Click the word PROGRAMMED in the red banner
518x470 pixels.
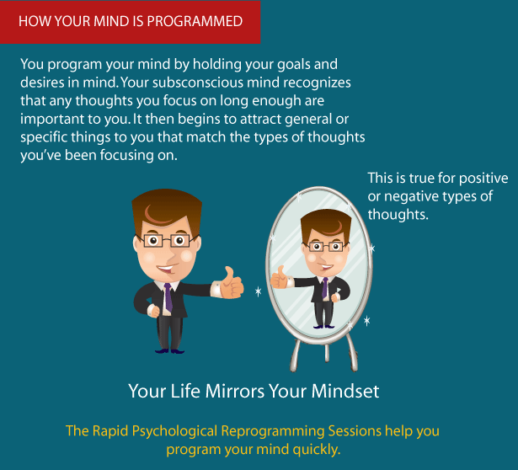point(195,21)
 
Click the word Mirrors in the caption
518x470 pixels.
point(234,392)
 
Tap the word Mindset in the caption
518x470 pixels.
point(344,392)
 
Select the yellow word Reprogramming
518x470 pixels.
point(273,432)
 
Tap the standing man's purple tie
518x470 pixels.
point(168,297)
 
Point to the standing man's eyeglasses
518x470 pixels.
point(167,240)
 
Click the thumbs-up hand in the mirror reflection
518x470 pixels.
point(280,278)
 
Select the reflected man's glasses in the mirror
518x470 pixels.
point(325,247)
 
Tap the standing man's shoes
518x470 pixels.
point(169,350)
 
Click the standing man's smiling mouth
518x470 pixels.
point(167,268)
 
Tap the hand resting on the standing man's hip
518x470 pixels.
point(153,311)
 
